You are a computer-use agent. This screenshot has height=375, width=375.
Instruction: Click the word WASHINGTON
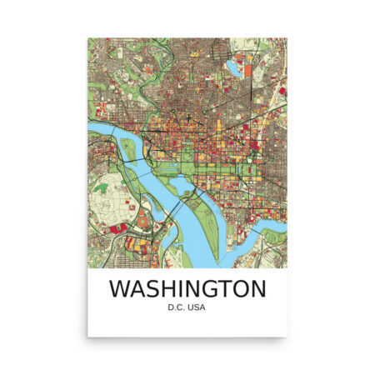pyautogui.click(x=187, y=290)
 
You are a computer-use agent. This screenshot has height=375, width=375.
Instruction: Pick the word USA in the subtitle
pyautogui.click(x=197, y=311)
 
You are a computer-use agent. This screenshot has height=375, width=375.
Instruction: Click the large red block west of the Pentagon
pyautogui.click(x=118, y=226)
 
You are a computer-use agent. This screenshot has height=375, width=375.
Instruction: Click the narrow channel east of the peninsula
pyautogui.click(x=221, y=200)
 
